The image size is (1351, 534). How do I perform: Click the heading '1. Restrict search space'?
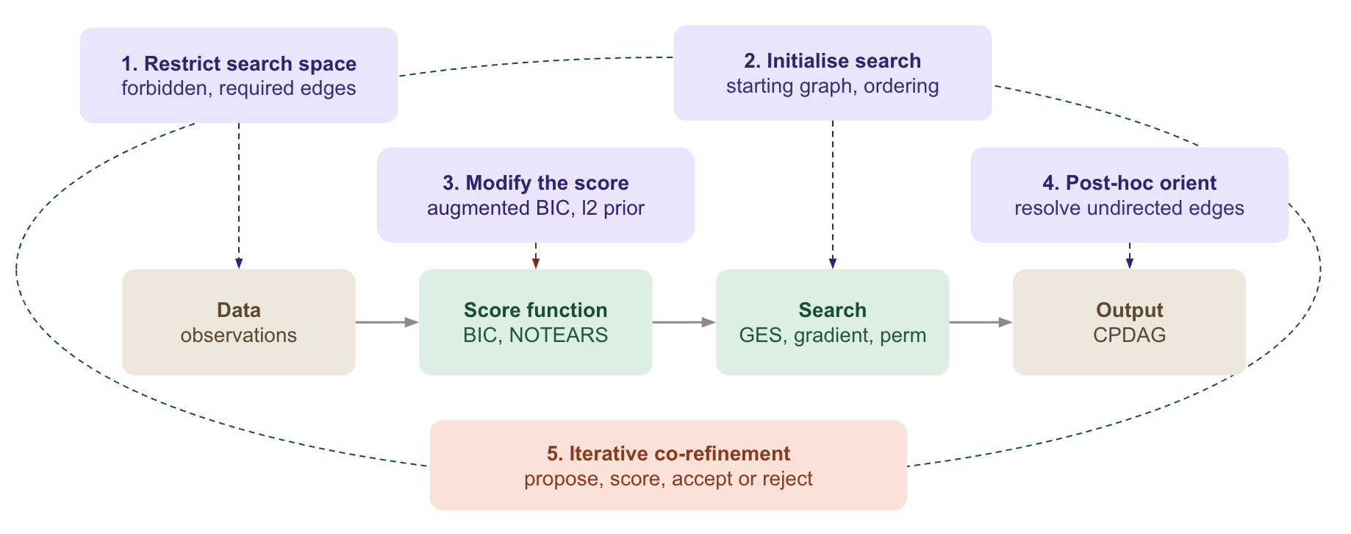point(239,64)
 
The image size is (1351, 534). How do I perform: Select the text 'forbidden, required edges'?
point(239,89)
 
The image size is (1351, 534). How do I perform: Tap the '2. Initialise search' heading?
point(833,61)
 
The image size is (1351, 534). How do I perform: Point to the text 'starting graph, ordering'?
point(833,86)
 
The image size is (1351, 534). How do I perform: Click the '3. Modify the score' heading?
point(536,183)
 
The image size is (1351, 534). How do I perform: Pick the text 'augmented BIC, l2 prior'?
point(536,208)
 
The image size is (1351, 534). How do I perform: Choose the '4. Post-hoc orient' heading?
point(1130,183)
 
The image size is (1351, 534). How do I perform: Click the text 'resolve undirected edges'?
point(1130,208)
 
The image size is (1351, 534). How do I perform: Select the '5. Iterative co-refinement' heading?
point(668,454)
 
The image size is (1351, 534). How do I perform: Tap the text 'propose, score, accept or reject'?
point(668,479)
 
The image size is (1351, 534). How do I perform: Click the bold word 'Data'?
point(239,310)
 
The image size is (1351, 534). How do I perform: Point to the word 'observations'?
point(239,335)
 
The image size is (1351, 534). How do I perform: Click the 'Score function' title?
point(536,310)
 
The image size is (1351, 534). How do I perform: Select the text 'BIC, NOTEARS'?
point(536,335)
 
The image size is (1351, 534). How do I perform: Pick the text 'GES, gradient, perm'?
point(833,335)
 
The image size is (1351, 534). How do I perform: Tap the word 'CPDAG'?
point(1130,335)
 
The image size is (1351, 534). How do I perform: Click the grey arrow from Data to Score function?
point(387,322)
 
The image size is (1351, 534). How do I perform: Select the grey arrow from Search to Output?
point(981,322)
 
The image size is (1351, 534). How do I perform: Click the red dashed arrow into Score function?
point(536,256)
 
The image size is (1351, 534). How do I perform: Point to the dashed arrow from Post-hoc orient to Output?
point(1130,256)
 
